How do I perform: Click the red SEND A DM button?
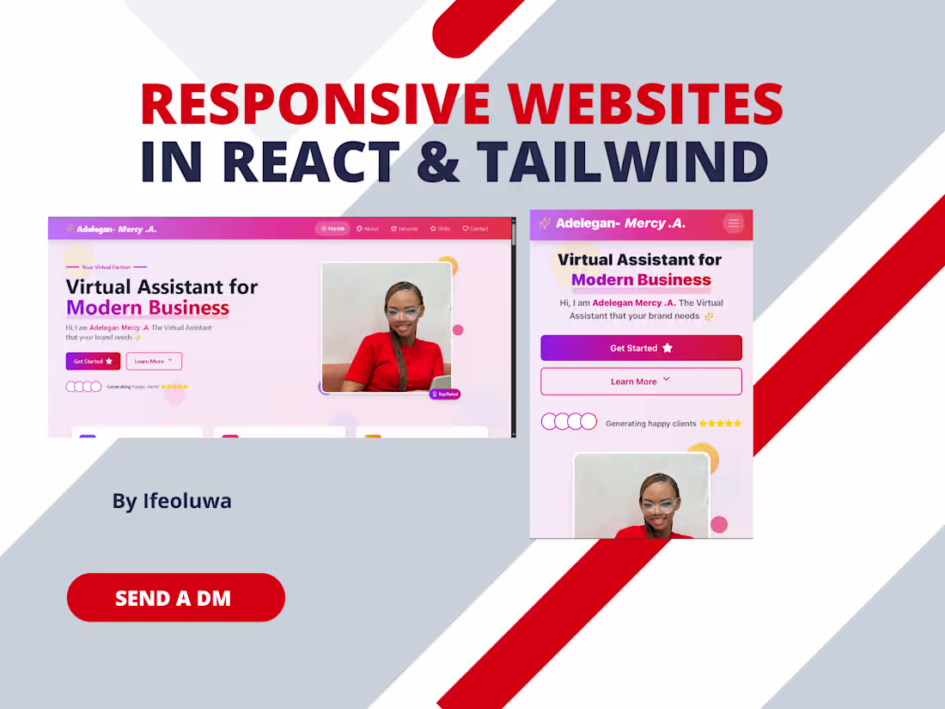coord(175,597)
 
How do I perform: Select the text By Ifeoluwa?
coord(172,500)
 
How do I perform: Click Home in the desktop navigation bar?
coord(333,229)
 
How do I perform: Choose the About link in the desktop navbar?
coord(368,229)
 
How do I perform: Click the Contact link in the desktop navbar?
coord(475,229)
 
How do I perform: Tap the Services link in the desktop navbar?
coord(404,229)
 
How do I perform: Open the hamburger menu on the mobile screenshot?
coord(733,223)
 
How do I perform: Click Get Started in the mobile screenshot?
coord(641,348)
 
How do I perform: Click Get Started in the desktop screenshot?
coord(93,361)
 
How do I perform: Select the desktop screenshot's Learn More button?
coord(154,361)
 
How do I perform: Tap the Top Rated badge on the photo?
coord(445,394)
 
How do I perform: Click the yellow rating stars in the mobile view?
coord(720,424)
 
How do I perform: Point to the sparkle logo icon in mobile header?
coord(545,223)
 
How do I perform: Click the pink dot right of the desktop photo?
coord(458,330)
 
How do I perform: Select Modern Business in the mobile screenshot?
coord(641,279)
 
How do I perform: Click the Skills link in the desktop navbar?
coord(440,229)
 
